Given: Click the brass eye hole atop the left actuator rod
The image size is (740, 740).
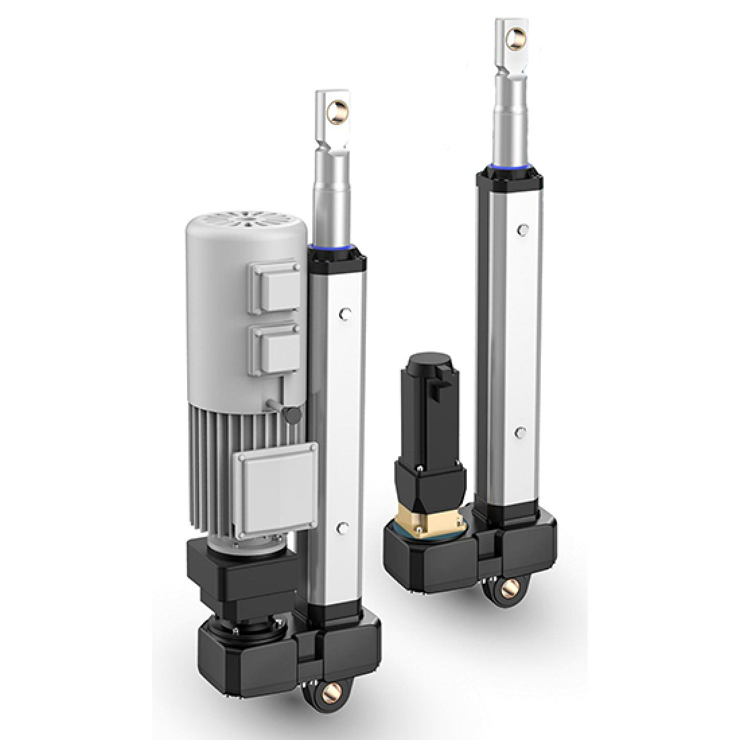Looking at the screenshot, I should pos(334,108).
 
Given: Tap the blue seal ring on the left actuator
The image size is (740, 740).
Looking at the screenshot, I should pos(334,248).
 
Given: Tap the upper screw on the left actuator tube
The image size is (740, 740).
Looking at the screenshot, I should pos(344,313).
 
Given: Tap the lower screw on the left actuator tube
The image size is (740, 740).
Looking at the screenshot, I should pos(344,527).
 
